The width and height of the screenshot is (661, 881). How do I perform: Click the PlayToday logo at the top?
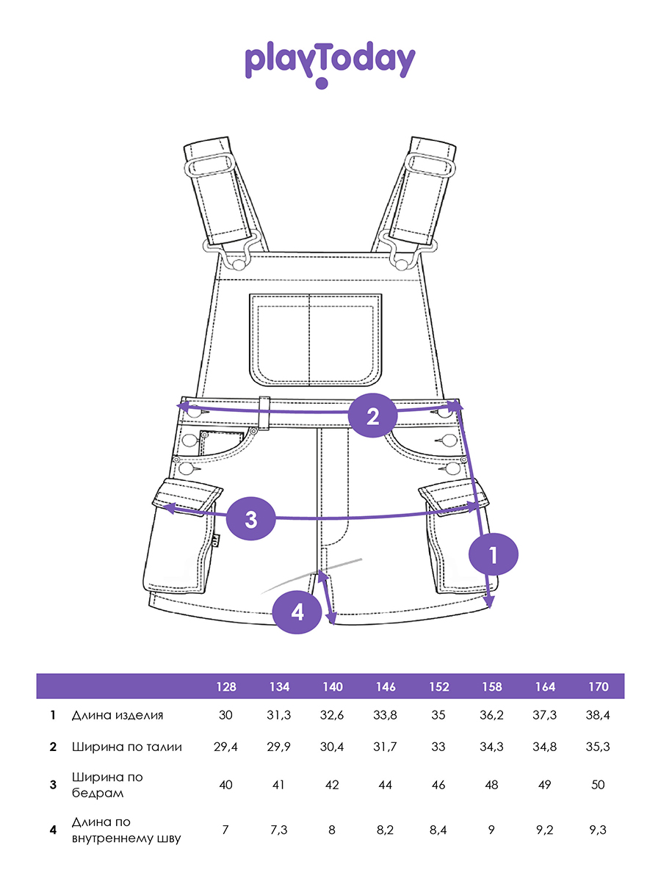click(x=330, y=65)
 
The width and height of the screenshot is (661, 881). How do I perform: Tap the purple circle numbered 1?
click(x=494, y=554)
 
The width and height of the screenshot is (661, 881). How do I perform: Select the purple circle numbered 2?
click(x=372, y=416)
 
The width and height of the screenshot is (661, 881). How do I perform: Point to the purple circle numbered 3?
click(x=251, y=518)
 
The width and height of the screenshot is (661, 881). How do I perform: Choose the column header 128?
click(x=226, y=686)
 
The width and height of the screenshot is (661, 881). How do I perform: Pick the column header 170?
click(x=598, y=686)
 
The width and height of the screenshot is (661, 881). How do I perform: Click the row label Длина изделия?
click(x=118, y=715)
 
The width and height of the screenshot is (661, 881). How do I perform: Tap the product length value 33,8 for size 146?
click(x=385, y=715)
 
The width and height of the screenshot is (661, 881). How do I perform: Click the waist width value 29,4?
click(x=225, y=747)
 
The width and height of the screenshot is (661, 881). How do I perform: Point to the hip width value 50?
click(x=598, y=785)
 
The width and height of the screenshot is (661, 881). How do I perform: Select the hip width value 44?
click(x=385, y=785)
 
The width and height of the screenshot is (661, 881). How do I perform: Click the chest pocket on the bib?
click(x=316, y=340)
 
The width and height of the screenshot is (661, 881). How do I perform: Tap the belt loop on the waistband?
click(x=264, y=413)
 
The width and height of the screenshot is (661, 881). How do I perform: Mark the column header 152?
click(x=438, y=686)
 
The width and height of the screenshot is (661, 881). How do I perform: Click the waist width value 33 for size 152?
click(x=438, y=747)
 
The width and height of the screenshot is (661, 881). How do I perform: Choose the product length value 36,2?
click(x=491, y=715)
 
